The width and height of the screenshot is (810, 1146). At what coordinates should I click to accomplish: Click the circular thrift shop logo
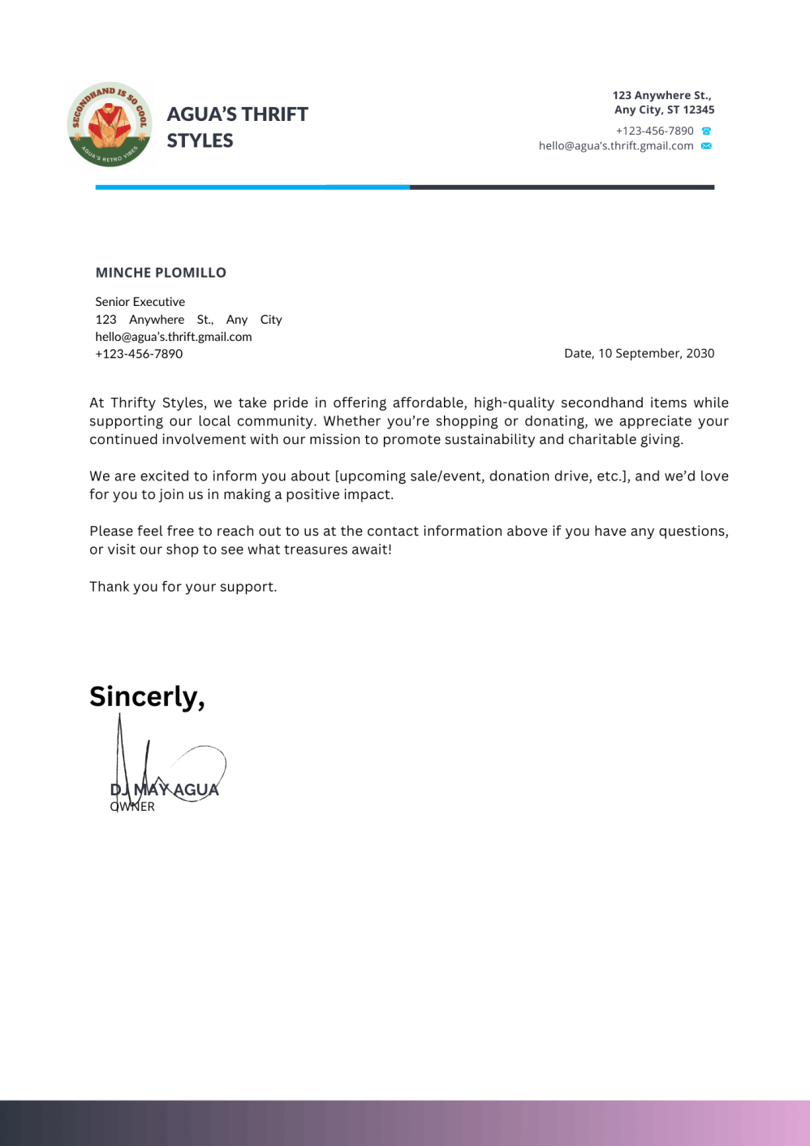[x=110, y=125]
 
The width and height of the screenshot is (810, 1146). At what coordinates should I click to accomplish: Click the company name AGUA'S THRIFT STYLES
[x=237, y=127]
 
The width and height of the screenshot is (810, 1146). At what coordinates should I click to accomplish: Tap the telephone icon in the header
[x=706, y=131]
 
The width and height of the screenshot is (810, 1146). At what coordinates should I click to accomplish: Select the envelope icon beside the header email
[x=706, y=146]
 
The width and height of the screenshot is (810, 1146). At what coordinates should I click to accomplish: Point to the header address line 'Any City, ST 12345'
[x=664, y=110]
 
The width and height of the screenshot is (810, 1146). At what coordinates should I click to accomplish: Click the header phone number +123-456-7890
[x=654, y=131]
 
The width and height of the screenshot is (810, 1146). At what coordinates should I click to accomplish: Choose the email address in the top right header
[x=616, y=146]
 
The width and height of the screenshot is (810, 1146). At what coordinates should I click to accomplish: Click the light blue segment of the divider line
[x=252, y=187]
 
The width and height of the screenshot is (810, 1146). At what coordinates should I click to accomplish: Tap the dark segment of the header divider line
[x=562, y=187]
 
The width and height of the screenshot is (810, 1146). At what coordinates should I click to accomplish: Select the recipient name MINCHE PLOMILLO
[x=161, y=273]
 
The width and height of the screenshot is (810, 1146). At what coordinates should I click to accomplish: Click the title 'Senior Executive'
[x=140, y=302]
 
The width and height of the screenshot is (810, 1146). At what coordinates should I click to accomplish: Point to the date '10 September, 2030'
[x=656, y=353]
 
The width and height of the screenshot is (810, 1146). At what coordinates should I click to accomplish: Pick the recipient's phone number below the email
[x=139, y=354]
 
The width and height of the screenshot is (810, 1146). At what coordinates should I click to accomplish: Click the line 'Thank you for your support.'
[x=183, y=587]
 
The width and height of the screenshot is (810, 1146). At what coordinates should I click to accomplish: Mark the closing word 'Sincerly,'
[x=147, y=696]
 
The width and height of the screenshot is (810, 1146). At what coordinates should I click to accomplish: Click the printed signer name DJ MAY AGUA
[x=165, y=790]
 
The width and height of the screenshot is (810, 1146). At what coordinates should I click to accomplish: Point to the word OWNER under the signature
[x=132, y=807]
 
